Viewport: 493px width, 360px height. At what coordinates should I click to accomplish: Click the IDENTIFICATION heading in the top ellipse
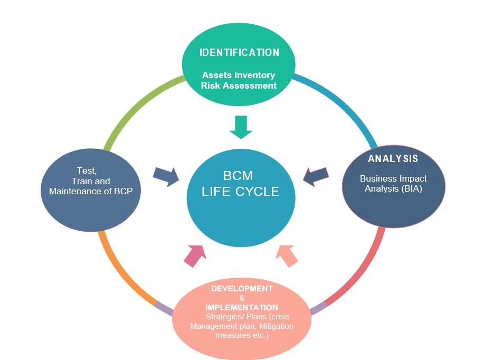(x=239, y=53)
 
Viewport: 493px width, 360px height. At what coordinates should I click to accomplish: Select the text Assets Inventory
(x=239, y=75)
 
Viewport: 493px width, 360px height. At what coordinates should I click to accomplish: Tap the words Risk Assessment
(x=239, y=86)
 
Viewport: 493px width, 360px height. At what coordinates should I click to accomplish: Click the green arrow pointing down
(x=241, y=127)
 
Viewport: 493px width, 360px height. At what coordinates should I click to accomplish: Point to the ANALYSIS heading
(x=393, y=159)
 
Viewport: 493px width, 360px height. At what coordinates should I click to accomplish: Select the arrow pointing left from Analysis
(x=316, y=176)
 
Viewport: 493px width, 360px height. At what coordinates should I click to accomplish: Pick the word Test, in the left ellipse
(x=87, y=170)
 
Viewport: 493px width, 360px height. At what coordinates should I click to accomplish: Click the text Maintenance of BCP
(x=94, y=191)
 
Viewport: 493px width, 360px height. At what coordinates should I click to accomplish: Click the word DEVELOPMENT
(x=242, y=289)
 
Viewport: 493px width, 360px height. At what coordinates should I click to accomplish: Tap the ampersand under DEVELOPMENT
(x=242, y=298)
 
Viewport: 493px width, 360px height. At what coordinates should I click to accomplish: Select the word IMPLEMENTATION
(x=242, y=307)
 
